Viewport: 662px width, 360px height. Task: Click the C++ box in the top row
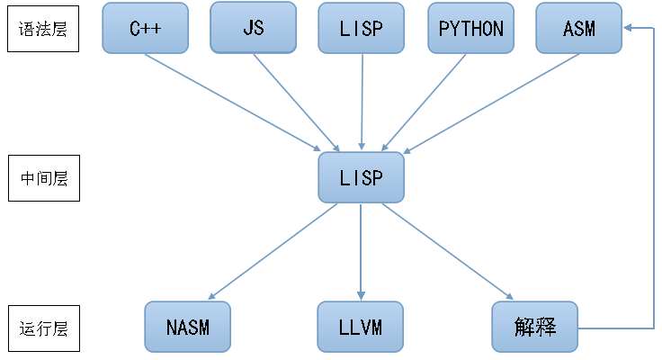145,27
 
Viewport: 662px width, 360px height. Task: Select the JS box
253,27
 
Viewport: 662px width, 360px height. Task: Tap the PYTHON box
470,27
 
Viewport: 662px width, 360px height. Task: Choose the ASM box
578,27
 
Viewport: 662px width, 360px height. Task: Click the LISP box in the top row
362,27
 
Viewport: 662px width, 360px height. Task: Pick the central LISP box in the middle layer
362,177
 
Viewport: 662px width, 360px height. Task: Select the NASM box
187,326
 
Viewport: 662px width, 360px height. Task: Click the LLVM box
361,326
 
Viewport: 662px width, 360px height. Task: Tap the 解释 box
534,326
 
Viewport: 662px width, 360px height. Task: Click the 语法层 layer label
44,28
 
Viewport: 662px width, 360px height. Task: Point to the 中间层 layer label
44,178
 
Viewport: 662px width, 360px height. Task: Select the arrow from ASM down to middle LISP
490,102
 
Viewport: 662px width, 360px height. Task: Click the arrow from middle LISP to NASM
274,250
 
